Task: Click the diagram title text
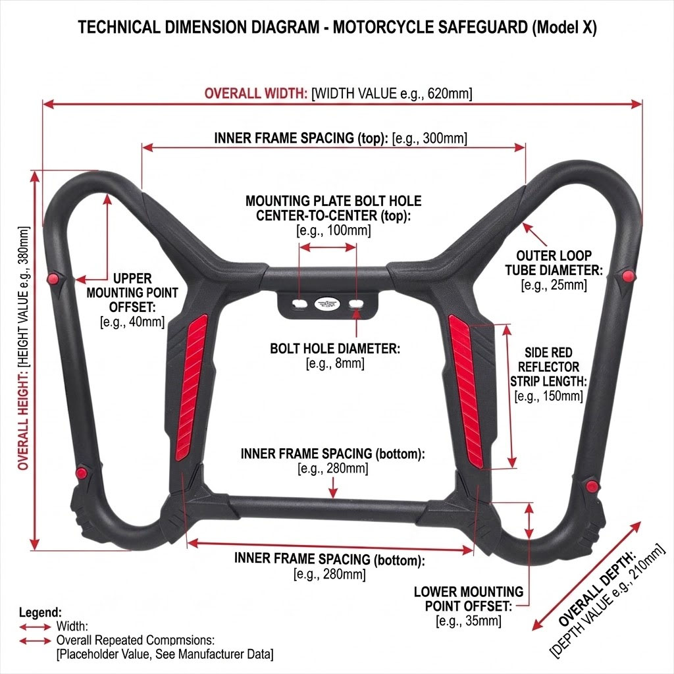pos(337,28)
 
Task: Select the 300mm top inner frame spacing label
pos(340,138)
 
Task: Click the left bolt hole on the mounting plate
pos(299,304)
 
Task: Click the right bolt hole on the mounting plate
pos(356,304)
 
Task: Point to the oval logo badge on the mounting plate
pos(327,304)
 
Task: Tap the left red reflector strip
pos(192,387)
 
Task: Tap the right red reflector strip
pos(466,391)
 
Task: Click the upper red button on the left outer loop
pos(53,278)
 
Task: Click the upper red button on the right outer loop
pos(628,276)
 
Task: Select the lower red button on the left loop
pos(81,473)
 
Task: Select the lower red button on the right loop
pos(592,486)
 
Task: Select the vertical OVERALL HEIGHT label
pos(24,348)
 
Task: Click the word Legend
pos(40,613)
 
